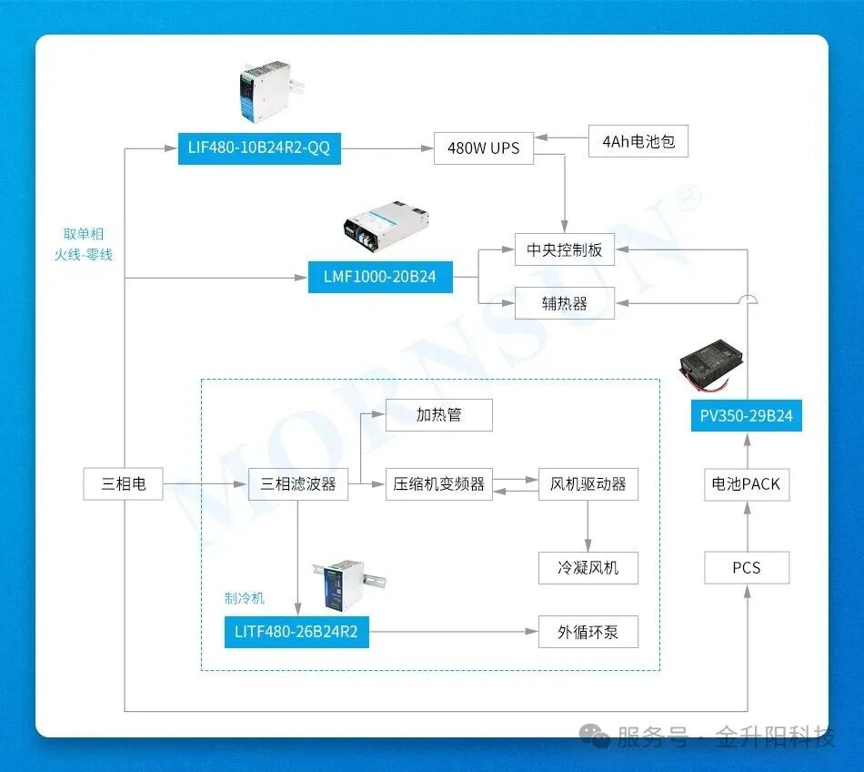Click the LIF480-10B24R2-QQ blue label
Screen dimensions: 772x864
point(259,147)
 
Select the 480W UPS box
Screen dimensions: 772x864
point(483,147)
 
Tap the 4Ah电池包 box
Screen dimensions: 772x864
point(638,141)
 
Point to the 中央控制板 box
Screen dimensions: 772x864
point(564,249)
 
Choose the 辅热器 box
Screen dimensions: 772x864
point(564,303)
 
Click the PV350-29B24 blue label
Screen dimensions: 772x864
point(747,416)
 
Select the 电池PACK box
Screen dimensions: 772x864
point(747,483)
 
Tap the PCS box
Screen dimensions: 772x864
point(747,567)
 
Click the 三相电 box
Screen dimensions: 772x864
point(124,483)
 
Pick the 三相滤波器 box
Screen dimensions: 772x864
point(298,483)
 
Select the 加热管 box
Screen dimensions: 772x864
point(439,414)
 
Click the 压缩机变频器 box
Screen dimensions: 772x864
point(439,483)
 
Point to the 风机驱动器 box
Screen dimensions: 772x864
point(588,483)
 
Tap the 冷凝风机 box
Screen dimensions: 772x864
point(588,567)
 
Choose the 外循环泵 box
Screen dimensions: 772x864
point(588,632)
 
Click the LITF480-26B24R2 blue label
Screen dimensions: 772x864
point(296,632)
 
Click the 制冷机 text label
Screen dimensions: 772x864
point(245,598)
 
